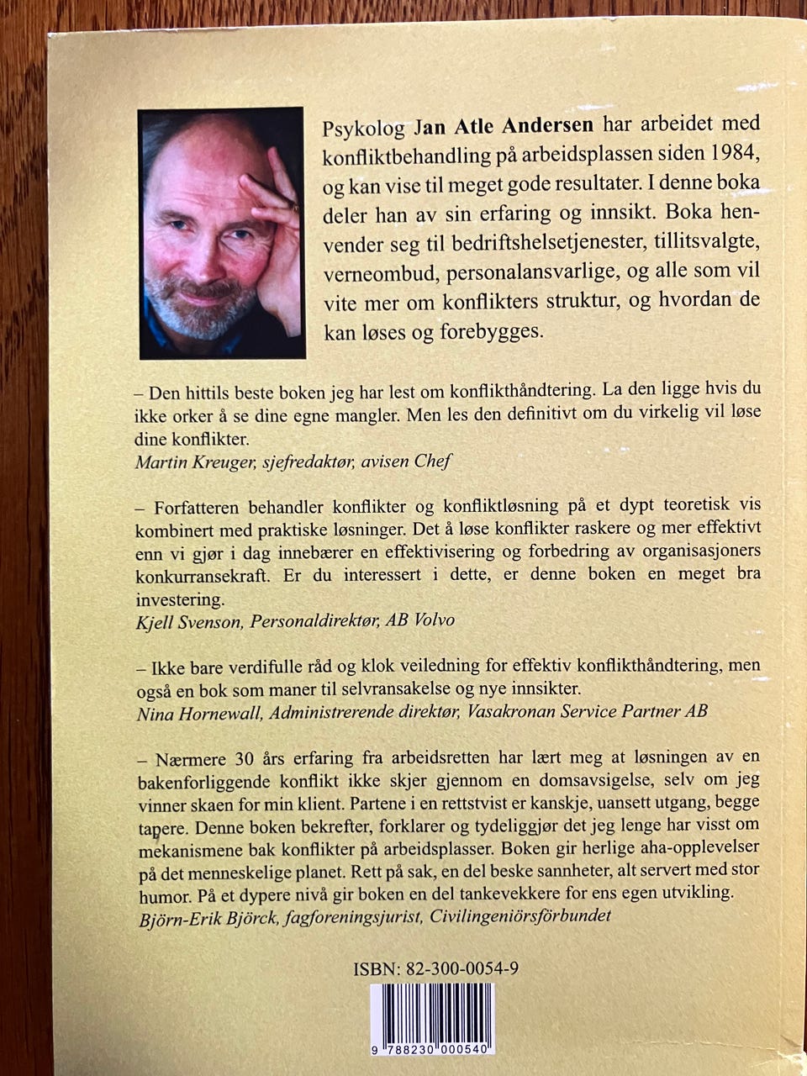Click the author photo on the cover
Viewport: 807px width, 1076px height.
coord(219,233)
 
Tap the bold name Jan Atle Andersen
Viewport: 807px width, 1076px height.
coord(504,126)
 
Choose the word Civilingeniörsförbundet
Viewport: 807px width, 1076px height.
coord(520,915)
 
